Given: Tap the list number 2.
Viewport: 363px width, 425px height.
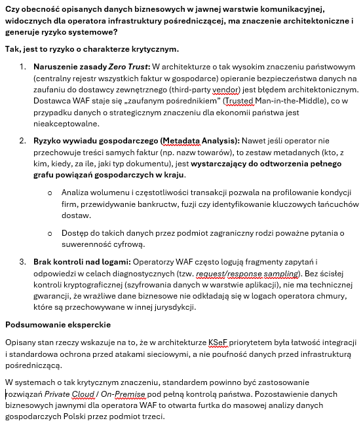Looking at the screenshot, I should tap(22, 140).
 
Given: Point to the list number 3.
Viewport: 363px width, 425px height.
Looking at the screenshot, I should tap(22, 262).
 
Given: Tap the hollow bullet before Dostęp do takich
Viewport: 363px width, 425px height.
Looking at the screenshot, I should tap(50, 234).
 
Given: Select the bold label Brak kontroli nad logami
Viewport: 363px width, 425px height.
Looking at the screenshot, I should tap(82, 262).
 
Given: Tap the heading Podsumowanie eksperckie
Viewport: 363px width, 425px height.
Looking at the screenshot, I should tap(58, 324).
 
